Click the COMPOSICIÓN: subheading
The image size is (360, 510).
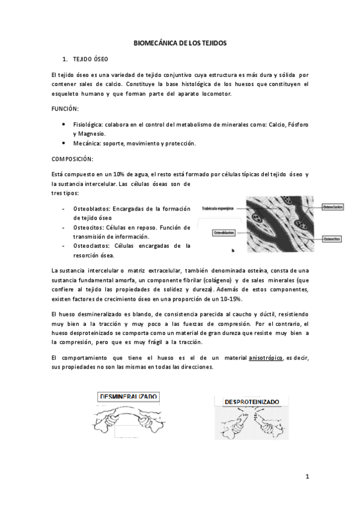point(72,159)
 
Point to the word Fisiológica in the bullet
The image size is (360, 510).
point(88,124)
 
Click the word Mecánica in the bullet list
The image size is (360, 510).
point(85,144)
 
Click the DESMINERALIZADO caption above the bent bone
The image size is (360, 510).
point(129,396)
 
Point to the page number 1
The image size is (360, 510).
point(307,477)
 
